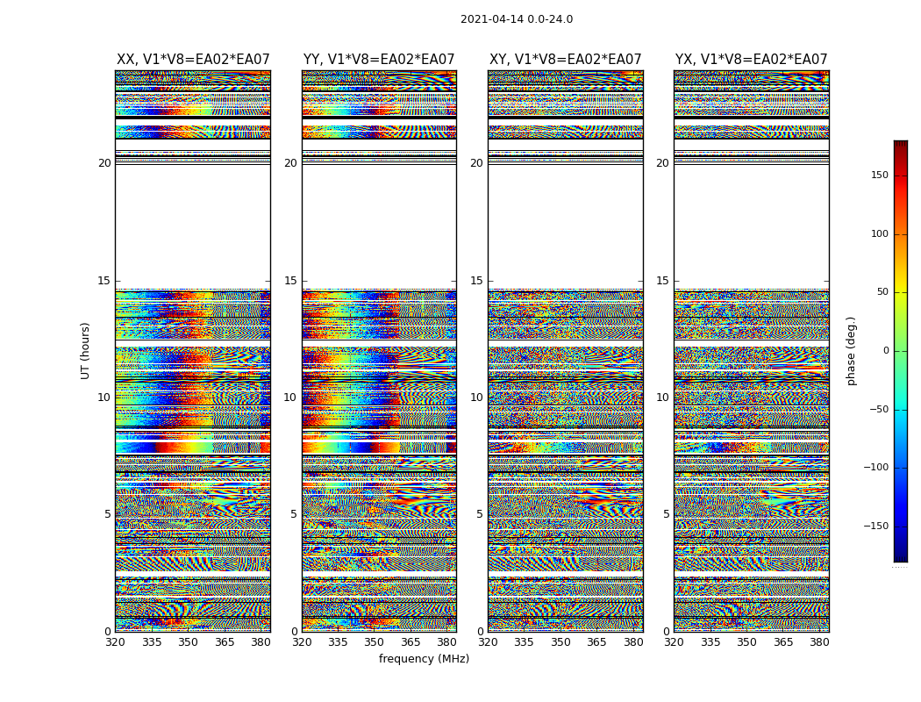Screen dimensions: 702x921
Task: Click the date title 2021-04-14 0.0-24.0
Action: (x=517, y=19)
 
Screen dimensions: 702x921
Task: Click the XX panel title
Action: (x=193, y=60)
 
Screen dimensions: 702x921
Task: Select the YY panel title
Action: (x=379, y=60)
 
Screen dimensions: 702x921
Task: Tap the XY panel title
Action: (x=566, y=60)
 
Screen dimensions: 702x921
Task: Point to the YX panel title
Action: (x=752, y=60)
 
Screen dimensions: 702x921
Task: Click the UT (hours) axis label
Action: (x=86, y=350)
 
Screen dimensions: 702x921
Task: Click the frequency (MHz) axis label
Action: (x=424, y=659)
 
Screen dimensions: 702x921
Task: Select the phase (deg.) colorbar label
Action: (x=852, y=350)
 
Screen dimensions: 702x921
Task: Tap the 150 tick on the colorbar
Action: (x=879, y=175)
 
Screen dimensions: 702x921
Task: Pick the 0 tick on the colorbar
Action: (x=885, y=351)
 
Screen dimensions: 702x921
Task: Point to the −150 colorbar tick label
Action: (x=876, y=526)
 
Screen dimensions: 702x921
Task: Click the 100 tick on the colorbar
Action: (x=879, y=234)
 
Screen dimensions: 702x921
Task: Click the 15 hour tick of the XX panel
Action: (x=104, y=281)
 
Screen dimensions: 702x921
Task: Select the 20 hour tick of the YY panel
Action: (x=290, y=163)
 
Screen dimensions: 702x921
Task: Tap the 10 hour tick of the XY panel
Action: (x=476, y=398)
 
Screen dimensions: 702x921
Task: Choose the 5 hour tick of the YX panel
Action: (x=666, y=514)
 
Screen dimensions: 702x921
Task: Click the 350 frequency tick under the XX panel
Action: (x=188, y=642)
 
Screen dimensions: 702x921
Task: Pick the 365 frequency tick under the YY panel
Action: (x=411, y=642)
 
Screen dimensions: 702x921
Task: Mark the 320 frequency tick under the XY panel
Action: (x=489, y=642)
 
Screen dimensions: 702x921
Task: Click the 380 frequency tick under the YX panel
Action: (x=819, y=642)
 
